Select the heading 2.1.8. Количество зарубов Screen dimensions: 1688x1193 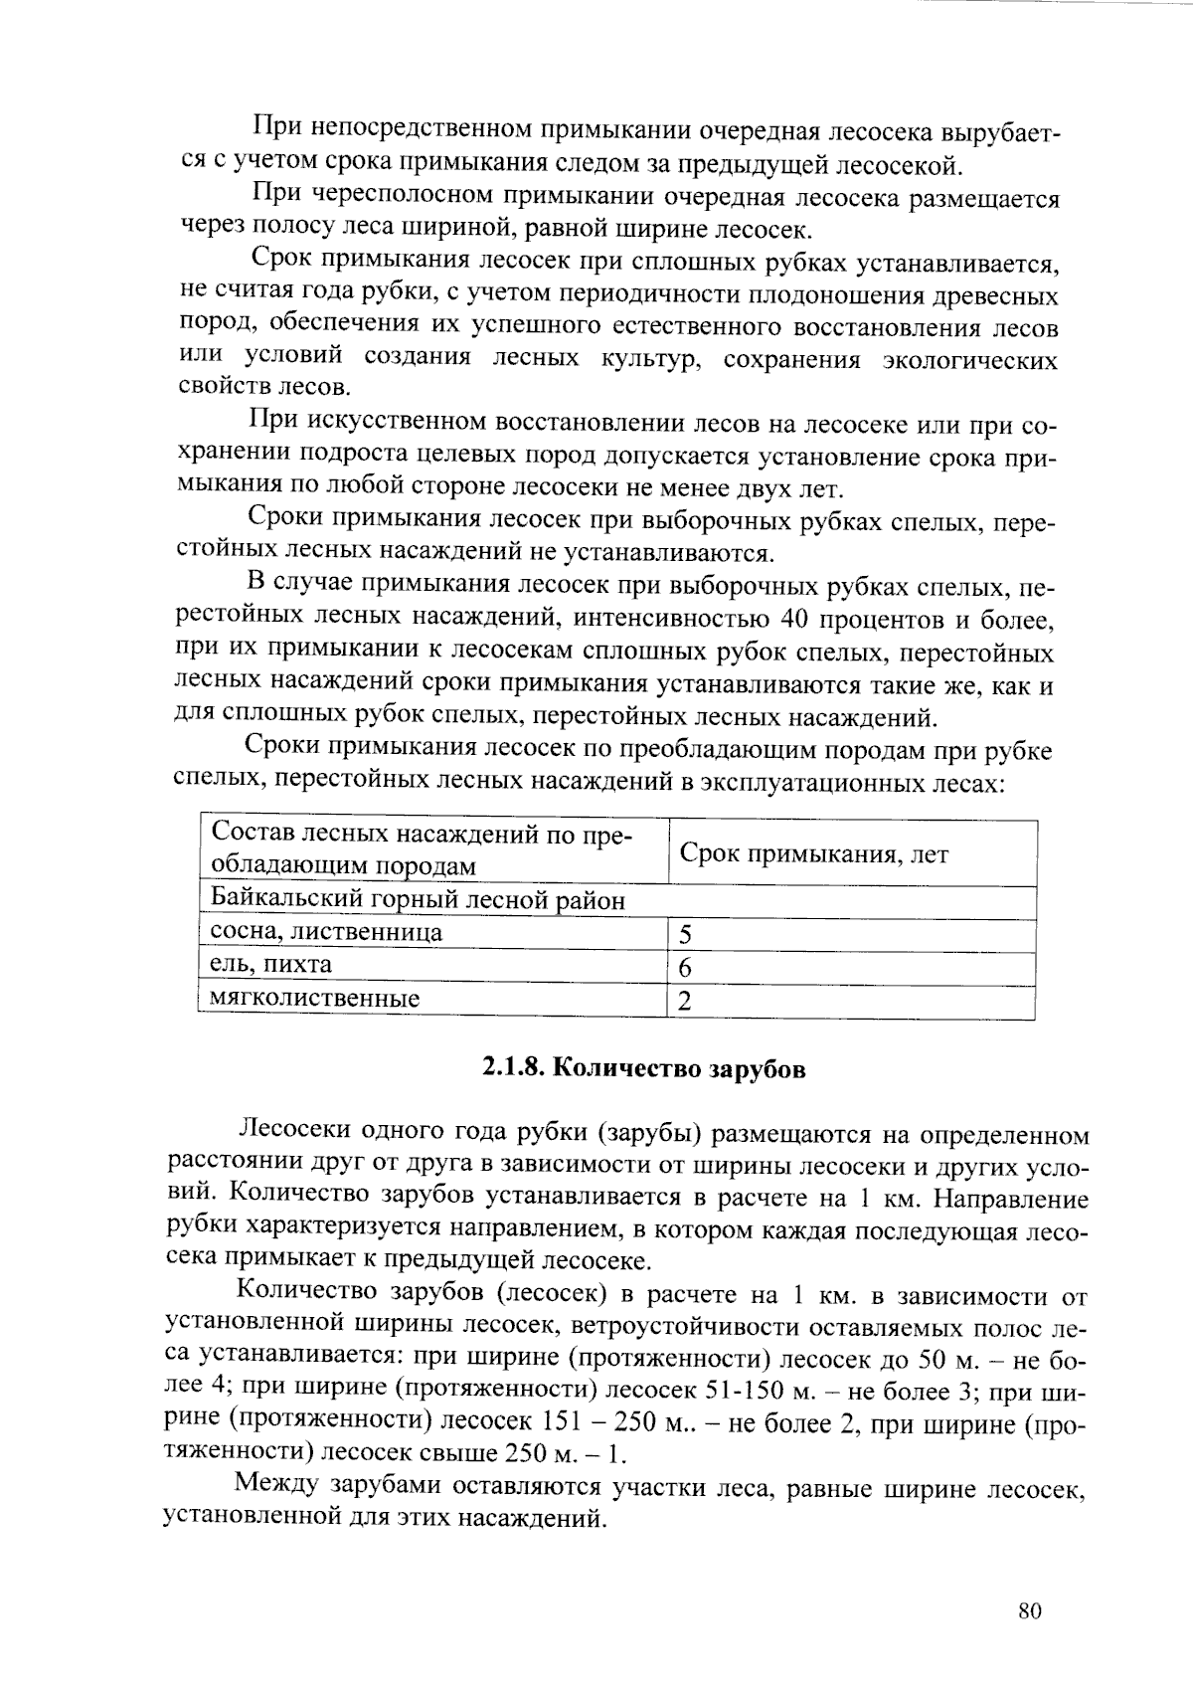tap(643, 1069)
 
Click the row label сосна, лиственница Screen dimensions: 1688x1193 tap(327, 932)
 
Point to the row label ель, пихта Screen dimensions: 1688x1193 tap(271, 965)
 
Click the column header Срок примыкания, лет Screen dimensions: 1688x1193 tap(813, 854)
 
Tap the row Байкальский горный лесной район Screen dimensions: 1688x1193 tap(419, 901)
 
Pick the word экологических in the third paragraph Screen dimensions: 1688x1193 tap(970, 360)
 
